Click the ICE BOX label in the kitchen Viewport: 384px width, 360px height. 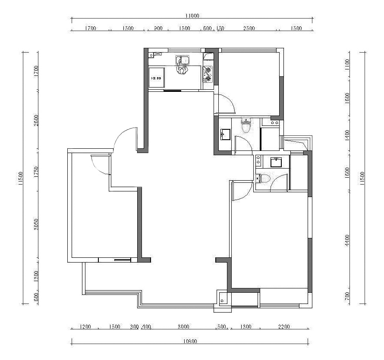[156, 78]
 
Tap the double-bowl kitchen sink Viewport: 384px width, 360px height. [182, 59]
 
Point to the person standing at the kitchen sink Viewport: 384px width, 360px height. [183, 69]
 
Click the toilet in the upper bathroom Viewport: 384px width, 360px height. [246, 126]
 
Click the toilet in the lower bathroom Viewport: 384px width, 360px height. [262, 178]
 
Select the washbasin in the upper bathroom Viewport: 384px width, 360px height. [225, 135]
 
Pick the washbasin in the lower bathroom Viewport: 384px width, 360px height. [276, 162]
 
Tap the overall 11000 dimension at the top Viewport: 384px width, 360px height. [192, 16]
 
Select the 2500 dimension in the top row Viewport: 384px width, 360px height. [249, 28]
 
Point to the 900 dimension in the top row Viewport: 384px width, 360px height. [158, 28]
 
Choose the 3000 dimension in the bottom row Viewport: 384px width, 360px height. [183, 327]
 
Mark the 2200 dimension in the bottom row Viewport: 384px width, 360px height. [284, 327]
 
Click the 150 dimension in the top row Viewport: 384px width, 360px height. [220, 28]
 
